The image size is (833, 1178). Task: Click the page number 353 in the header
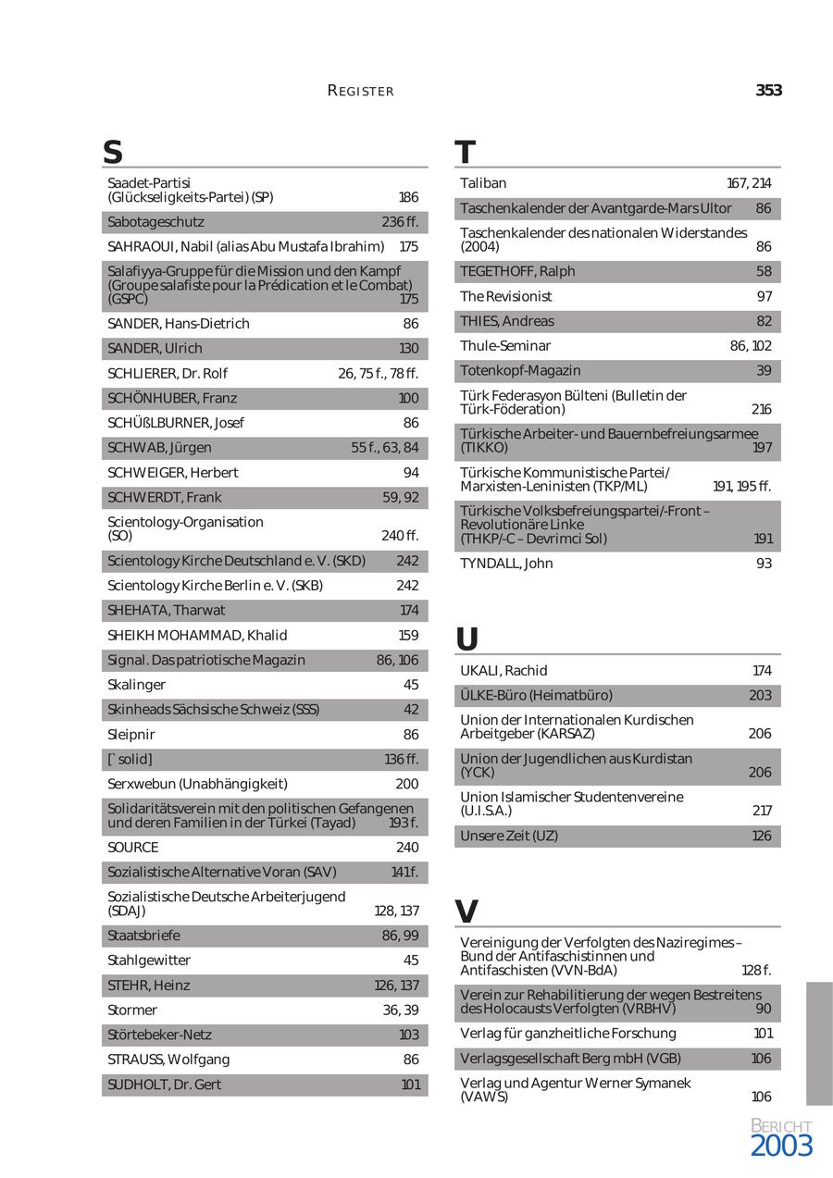[768, 91]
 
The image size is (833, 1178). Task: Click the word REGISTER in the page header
[361, 91]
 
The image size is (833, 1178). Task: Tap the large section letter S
[113, 152]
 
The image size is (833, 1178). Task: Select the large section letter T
[466, 152]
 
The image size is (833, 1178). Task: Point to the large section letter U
[467, 639]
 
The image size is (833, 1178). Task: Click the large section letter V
[467, 911]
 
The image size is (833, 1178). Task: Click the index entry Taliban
[483, 183]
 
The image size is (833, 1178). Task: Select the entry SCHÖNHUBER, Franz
[172, 398]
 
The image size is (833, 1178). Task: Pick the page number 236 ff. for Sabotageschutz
[400, 222]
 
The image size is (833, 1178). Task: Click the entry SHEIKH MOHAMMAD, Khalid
[197, 635]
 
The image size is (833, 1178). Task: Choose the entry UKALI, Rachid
[504, 670]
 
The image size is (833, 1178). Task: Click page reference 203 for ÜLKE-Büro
[760, 695]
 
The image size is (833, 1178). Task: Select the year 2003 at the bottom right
[781, 1147]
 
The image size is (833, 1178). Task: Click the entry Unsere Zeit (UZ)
[509, 836]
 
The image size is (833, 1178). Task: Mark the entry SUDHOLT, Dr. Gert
[165, 1085]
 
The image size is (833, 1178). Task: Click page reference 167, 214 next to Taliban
[749, 183]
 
